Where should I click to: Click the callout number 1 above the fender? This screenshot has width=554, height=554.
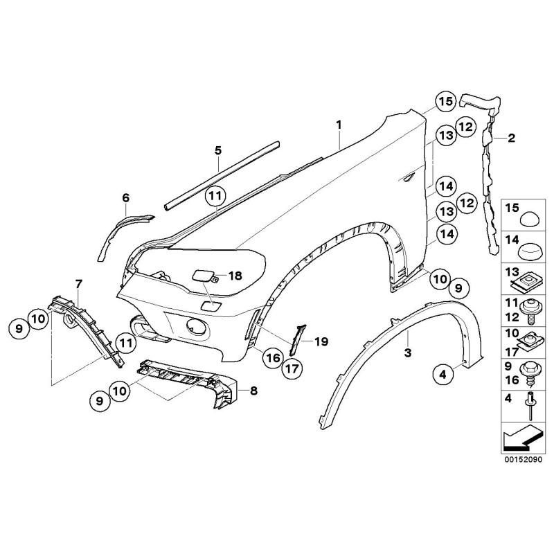(x=339, y=125)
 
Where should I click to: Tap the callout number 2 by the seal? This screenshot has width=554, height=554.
(x=511, y=138)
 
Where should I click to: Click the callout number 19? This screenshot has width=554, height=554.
(x=321, y=341)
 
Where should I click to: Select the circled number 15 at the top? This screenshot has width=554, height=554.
(x=444, y=102)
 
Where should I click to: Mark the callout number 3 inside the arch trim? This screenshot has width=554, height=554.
(x=408, y=352)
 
